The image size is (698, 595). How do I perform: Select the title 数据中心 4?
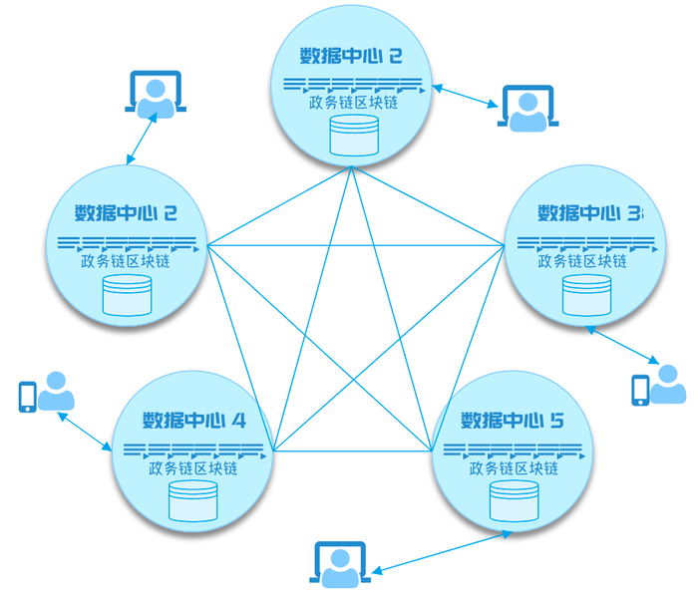(193, 420)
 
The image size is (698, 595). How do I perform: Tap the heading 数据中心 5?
(508, 420)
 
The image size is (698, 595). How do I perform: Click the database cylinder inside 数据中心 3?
(586, 295)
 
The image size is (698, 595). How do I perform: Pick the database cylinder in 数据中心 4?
(193, 501)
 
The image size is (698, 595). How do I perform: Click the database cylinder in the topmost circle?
(355, 136)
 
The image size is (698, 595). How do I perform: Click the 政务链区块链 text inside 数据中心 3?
(583, 261)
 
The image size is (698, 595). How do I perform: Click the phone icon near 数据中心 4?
(28, 396)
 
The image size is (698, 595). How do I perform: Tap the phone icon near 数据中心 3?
(640, 390)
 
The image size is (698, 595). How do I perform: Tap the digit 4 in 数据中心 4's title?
(238, 420)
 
